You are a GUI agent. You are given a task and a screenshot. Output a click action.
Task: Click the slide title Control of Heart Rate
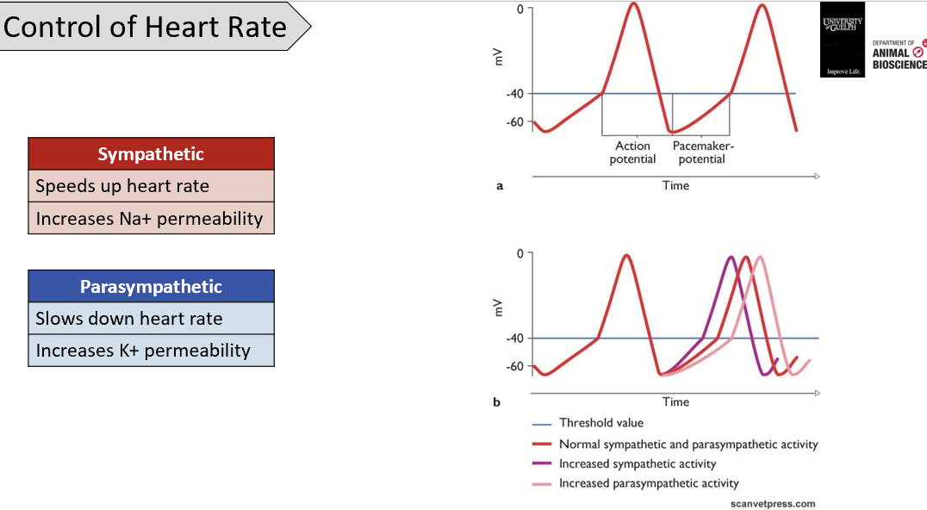pos(145,27)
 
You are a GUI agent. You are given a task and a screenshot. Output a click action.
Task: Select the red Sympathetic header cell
pos(151,154)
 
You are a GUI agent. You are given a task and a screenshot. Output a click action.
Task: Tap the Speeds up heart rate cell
pos(151,186)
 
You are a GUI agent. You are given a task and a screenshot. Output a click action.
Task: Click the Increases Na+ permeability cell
pos(151,218)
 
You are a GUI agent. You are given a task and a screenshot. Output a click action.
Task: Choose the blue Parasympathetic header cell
pos(151,287)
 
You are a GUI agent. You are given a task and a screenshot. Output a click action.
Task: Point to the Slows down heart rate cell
pos(151,319)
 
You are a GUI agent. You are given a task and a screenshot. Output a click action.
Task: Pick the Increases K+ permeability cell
pos(151,351)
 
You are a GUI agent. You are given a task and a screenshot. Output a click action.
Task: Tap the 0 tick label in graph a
pos(519,9)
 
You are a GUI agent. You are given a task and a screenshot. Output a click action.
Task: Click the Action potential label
pos(632,152)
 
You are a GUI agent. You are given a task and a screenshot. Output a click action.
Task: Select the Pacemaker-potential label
pos(703,152)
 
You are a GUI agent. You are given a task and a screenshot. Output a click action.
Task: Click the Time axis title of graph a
pos(675,185)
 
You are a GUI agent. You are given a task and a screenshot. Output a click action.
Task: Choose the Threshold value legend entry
pos(600,423)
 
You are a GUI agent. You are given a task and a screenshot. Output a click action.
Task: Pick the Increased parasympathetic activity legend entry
pos(648,483)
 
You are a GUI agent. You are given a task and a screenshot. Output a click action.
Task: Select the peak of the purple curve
pos(731,257)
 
